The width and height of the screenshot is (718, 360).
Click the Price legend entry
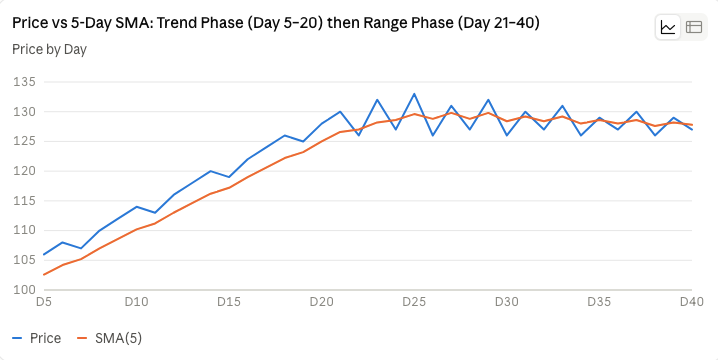[x=37, y=338]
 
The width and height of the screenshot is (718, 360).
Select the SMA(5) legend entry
[x=110, y=338]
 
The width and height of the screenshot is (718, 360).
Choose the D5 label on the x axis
[x=44, y=302]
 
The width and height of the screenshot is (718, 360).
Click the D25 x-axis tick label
[x=414, y=302]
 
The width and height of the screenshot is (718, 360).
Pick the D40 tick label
[x=691, y=302]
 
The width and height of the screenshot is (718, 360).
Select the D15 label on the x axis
[x=228, y=302]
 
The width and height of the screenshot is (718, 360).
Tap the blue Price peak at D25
[x=414, y=94]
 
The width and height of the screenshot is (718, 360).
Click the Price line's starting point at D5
[x=44, y=255]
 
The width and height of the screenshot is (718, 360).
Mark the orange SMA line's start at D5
[x=44, y=275]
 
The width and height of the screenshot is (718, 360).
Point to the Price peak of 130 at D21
[x=340, y=111]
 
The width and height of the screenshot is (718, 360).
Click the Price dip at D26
[x=433, y=136]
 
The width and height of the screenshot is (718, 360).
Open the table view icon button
[x=694, y=27]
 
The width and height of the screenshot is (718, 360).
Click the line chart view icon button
[x=668, y=27]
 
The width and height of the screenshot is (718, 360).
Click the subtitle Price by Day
[x=49, y=49]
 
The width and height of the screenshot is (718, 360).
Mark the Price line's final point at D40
[x=691, y=130]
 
